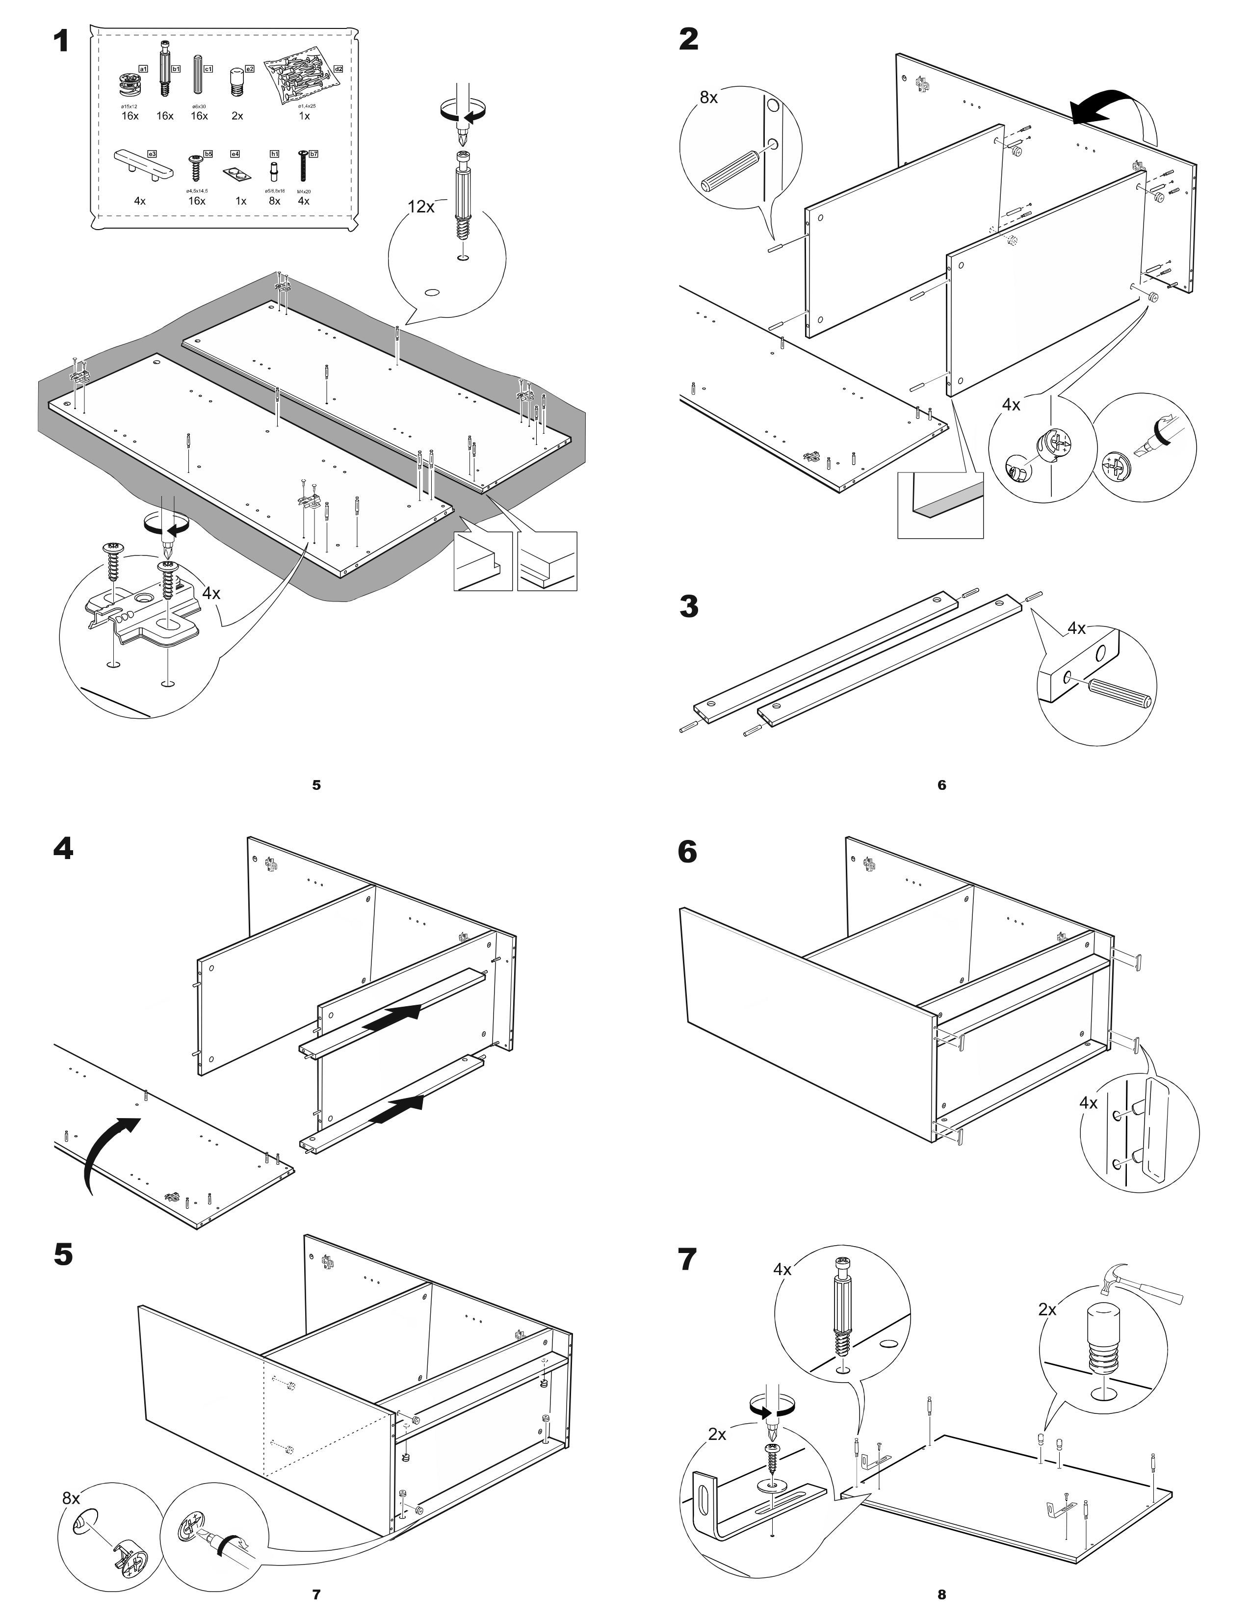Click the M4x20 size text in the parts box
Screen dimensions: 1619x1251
point(303,191)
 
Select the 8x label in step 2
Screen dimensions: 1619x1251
point(708,98)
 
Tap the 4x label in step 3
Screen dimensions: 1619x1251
point(1076,628)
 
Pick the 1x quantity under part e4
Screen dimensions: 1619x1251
point(241,201)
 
